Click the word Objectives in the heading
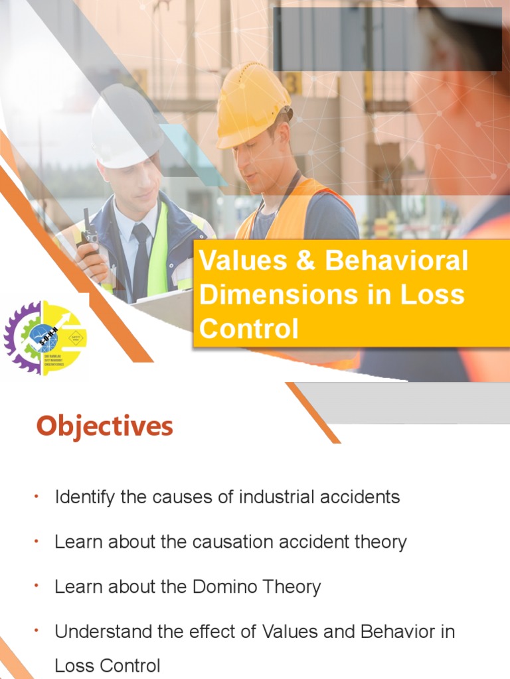104,426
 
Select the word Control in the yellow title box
248,329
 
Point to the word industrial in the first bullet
266,497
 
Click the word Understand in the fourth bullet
106,632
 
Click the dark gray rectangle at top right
387,39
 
